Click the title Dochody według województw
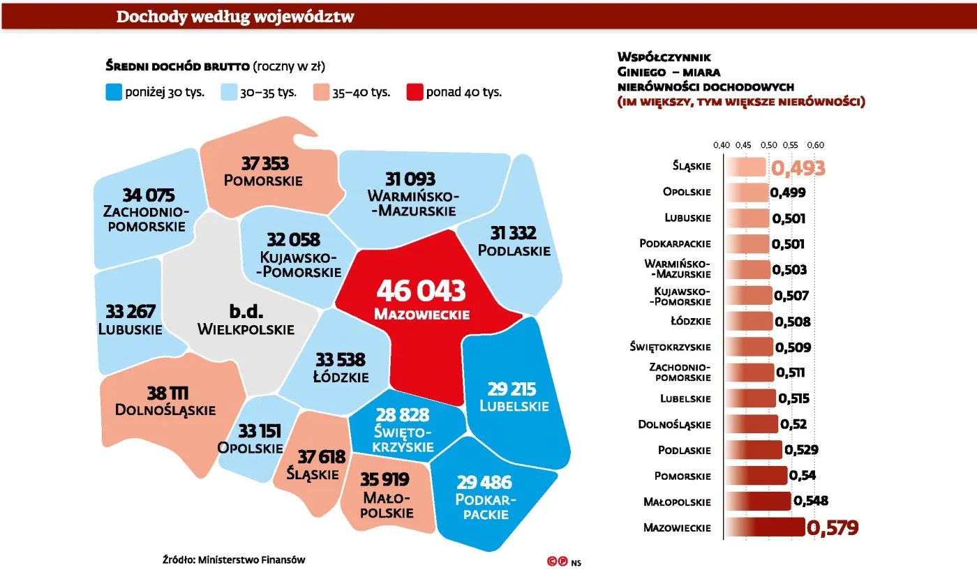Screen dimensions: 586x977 [x=235, y=17]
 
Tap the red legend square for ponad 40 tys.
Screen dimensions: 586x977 [x=415, y=92]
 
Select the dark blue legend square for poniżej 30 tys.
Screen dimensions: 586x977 [x=114, y=92]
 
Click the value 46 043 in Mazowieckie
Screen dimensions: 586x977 [x=421, y=291]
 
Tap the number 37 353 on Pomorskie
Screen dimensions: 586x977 [x=264, y=164]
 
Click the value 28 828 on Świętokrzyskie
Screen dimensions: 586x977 [x=403, y=414]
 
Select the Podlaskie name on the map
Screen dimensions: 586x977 [x=520, y=250]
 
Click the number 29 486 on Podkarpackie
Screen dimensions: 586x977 [x=484, y=482]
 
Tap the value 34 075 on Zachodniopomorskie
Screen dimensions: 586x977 [x=148, y=195]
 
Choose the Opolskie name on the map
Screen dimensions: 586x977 [x=251, y=448]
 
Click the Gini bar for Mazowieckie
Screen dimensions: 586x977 [x=765, y=527]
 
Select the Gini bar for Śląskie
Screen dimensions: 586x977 [x=746, y=166]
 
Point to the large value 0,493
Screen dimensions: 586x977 [x=798, y=168]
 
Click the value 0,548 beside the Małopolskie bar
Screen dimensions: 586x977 [x=810, y=502]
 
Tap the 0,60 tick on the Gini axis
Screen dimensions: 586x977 [x=815, y=145]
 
